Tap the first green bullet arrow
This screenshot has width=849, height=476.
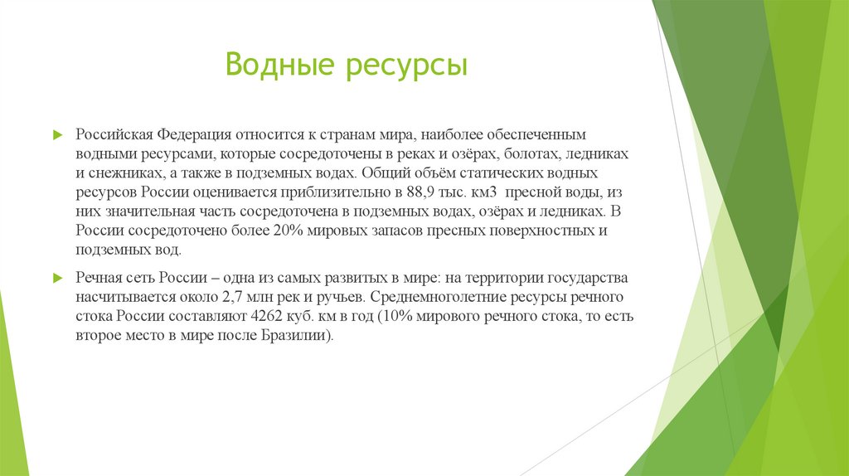57,134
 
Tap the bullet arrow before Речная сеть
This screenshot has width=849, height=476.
57,277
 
